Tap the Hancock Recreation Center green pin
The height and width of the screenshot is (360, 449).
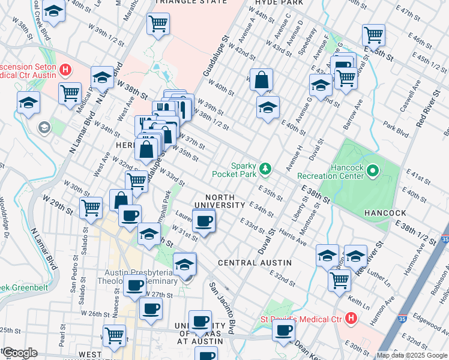click(372, 172)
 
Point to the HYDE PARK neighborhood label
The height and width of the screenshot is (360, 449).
click(273, 2)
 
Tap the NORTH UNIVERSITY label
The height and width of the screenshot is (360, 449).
click(225, 205)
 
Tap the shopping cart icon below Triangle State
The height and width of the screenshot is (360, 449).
click(158, 24)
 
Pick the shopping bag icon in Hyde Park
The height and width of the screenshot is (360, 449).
click(262, 79)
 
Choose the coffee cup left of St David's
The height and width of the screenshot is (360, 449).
click(283, 329)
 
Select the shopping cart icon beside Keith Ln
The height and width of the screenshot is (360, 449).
click(340, 279)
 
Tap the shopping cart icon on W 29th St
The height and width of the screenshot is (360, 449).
click(91, 208)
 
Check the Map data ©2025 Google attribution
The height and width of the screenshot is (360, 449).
click(412, 355)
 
